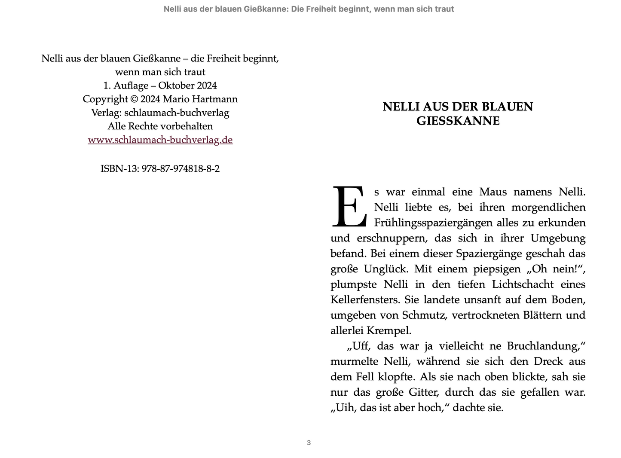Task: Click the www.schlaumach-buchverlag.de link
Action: [x=160, y=140]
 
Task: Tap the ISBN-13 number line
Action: [x=160, y=169]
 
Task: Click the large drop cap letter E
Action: [x=349, y=207]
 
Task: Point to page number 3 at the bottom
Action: [x=309, y=443]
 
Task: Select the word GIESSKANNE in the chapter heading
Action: [x=458, y=121]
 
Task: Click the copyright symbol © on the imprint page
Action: [x=134, y=99]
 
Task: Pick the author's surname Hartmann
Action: [x=218, y=99]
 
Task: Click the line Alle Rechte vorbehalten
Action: [x=160, y=126]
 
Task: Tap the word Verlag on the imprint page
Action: [x=106, y=113]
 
